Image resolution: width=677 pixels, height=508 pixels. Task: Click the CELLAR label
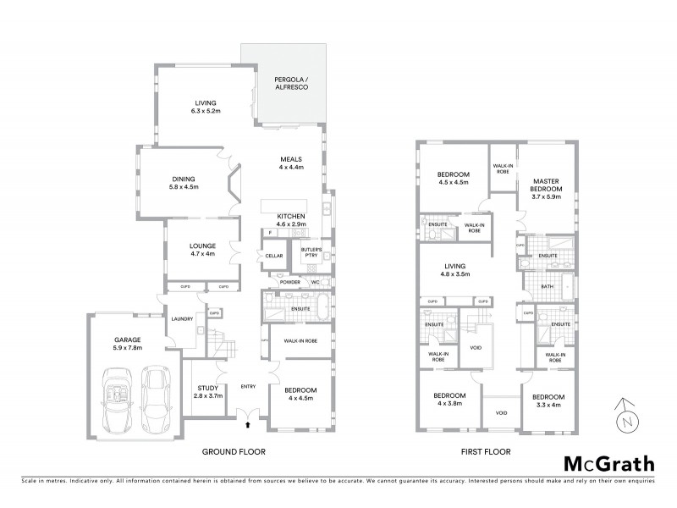273,255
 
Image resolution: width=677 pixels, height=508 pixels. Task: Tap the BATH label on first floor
547,287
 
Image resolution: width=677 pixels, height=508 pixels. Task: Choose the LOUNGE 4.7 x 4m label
202,250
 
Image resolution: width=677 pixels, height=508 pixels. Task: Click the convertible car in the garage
118,395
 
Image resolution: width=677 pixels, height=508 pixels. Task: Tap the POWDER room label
281,280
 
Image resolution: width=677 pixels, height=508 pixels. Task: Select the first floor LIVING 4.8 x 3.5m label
456,271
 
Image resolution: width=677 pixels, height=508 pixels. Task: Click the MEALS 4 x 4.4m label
291,163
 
